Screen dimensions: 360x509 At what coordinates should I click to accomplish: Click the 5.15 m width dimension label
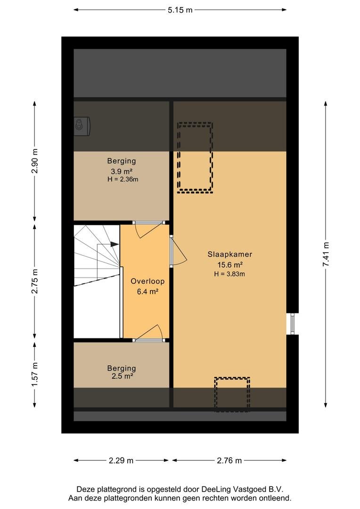point(180,10)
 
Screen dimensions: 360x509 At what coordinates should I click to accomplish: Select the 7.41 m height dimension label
point(326,254)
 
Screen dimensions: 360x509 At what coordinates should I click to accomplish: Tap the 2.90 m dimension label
point(34,161)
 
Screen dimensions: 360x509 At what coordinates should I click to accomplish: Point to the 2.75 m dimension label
point(34,281)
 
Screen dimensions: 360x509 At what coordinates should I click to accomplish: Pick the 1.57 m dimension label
point(34,374)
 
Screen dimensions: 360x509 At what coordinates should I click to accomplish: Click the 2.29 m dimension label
point(121,460)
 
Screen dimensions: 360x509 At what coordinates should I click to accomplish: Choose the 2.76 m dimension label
point(229,460)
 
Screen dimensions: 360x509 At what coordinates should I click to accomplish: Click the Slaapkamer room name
point(230,254)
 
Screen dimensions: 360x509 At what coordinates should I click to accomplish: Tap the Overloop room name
point(147,281)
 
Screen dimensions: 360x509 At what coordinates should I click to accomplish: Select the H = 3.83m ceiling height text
point(229,274)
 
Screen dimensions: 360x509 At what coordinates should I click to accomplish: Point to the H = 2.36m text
point(123,179)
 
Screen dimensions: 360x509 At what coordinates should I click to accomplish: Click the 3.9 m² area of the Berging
point(122,171)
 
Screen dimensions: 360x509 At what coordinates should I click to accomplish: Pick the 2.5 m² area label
point(122,376)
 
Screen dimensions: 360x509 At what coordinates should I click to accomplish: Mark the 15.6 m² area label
point(230,264)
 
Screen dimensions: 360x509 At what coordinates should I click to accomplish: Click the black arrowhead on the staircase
point(115,244)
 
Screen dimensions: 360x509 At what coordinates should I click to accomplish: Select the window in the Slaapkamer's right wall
point(292,324)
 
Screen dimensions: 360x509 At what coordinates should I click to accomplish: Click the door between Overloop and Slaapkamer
point(178,251)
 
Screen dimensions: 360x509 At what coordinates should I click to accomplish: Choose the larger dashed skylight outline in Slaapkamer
point(195,158)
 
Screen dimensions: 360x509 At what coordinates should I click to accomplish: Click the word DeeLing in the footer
point(215,489)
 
